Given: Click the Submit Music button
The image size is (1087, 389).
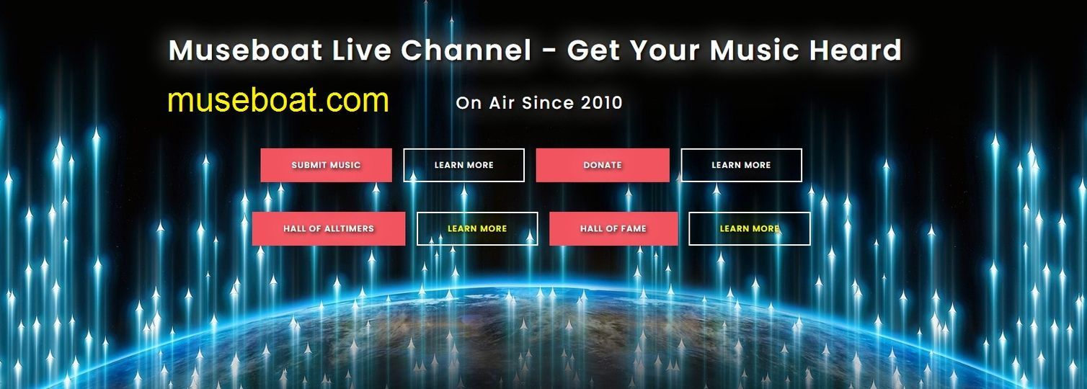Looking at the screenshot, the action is coord(326,166).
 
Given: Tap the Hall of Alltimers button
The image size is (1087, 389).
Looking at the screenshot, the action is coord(329,228).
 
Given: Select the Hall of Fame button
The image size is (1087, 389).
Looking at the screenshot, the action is coord(613,228).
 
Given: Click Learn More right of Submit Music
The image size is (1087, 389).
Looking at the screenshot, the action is coord(464,166).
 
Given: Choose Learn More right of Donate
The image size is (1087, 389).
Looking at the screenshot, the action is coord(742,166).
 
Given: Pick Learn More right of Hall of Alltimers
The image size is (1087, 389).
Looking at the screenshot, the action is coord(477,228).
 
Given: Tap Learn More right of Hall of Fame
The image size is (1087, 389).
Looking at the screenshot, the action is coord(749,228).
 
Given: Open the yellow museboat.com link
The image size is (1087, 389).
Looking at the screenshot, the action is coord(278,100).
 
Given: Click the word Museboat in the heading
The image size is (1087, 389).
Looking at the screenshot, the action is coord(246,50).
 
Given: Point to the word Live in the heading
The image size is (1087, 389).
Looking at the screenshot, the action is coord(362,50).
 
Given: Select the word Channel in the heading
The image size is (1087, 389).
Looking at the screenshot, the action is coord(466,50).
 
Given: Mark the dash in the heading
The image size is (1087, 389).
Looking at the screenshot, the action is coord(550,51).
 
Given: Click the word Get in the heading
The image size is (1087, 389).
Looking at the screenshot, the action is coord(593,50).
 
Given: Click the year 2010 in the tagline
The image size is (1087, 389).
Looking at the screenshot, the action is coord(602,103).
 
